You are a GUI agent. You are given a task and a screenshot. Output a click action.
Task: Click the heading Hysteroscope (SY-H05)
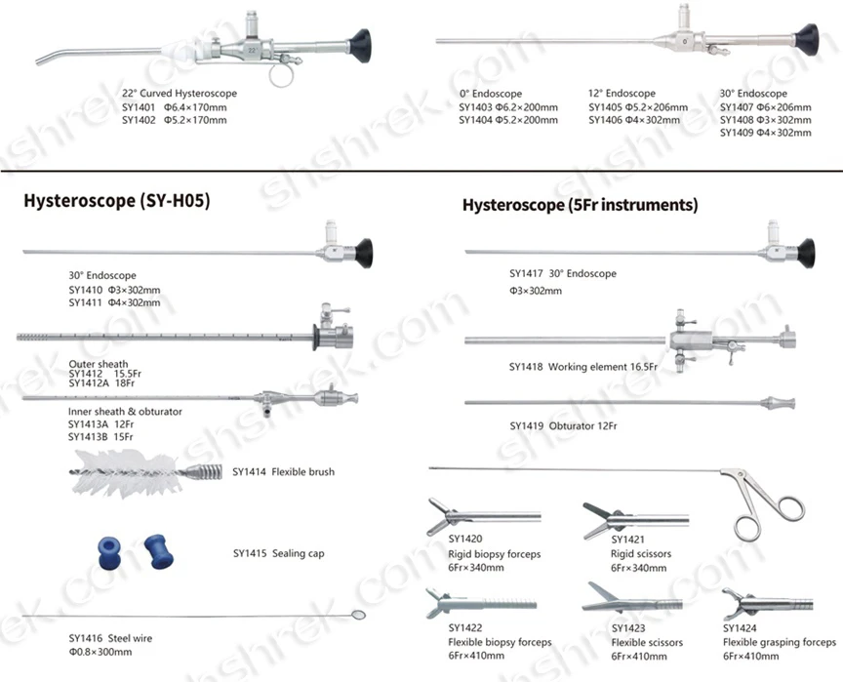pyautogui.click(x=116, y=201)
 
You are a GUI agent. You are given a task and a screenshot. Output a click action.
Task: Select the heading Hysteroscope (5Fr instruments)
pyautogui.click(x=580, y=205)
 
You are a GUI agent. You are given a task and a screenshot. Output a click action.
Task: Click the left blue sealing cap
pyautogui.click(x=109, y=551)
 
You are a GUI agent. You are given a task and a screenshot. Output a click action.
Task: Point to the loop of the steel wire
pyautogui.click(x=357, y=615)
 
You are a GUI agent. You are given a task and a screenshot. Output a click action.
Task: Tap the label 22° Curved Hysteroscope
pyautogui.click(x=180, y=94)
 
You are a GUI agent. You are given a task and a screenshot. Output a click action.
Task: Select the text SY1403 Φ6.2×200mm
pyautogui.click(x=508, y=106)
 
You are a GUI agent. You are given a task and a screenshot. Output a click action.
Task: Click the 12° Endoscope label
pyautogui.click(x=622, y=94)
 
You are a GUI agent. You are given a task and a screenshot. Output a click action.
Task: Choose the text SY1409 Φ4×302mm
pyautogui.click(x=766, y=133)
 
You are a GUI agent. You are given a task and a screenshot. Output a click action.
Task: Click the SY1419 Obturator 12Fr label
pyautogui.click(x=566, y=426)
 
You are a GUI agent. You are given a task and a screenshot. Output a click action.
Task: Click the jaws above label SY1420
pyautogui.click(x=440, y=512)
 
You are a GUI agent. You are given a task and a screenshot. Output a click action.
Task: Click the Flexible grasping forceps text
pyautogui.click(x=779, y=642)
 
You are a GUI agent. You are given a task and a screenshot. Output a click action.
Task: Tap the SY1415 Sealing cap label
pyautogui.click(x=279, y=553)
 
